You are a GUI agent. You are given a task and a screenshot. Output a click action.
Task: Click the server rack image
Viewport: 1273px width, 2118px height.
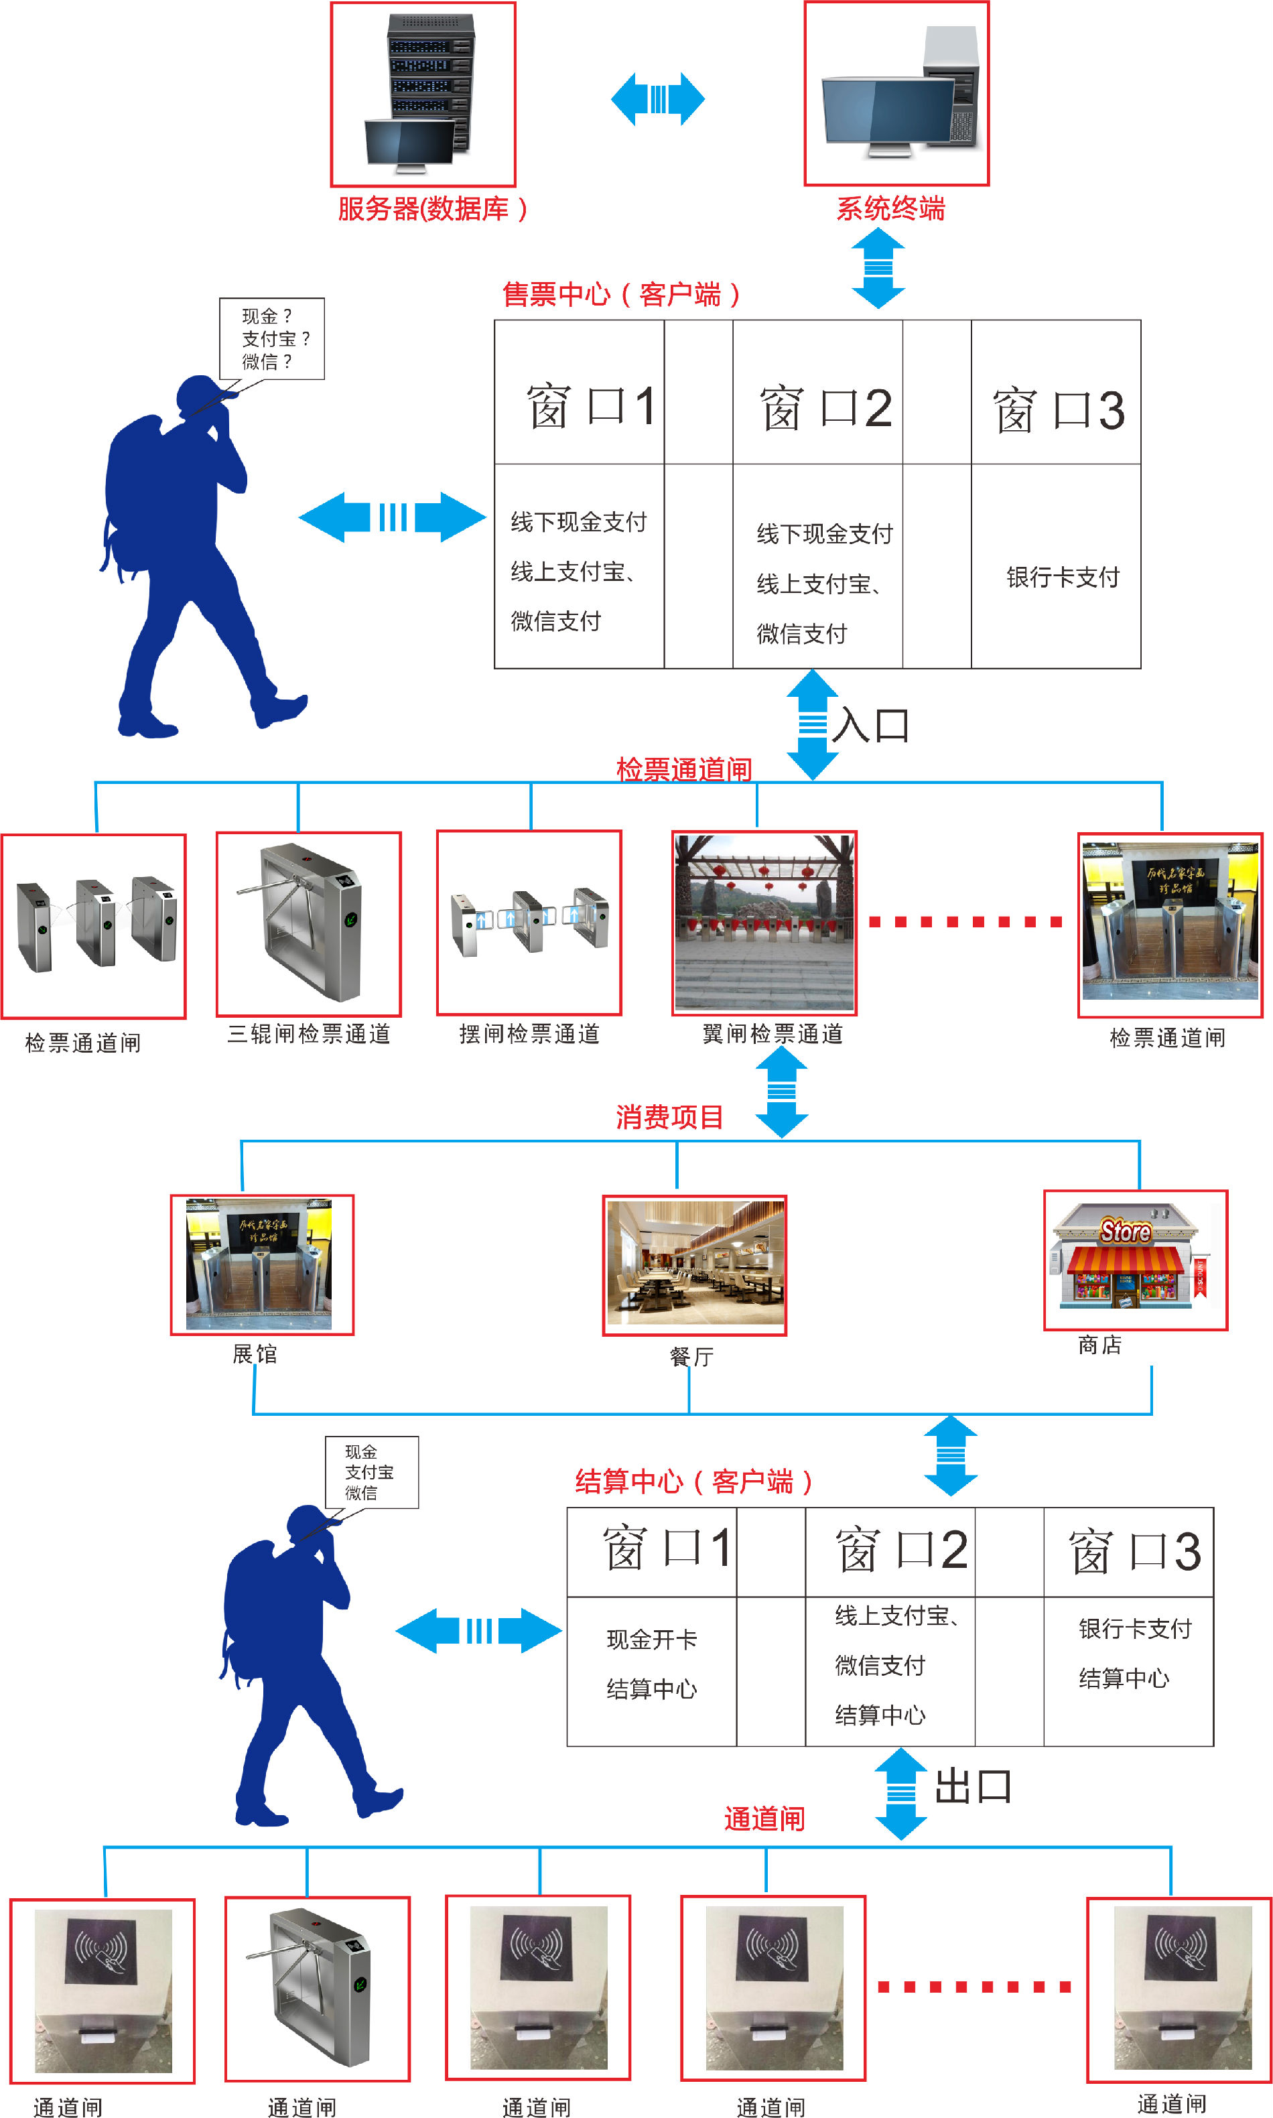[x=423, y=94]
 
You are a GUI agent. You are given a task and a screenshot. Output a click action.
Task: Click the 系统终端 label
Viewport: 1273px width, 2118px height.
[x=890, y=208]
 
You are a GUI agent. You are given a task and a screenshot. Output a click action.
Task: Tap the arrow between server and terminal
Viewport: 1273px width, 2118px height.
[x=658, y=98]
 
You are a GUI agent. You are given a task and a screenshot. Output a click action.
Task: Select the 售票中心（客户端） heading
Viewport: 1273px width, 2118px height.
[x=620, y=294]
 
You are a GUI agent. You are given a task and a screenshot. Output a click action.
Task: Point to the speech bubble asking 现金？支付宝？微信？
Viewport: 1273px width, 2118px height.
[x=272, y=339]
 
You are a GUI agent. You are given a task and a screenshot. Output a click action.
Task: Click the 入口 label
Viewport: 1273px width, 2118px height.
[x=871, y=725]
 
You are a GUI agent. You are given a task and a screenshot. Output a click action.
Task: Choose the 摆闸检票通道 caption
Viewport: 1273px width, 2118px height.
[x=529, y=1034]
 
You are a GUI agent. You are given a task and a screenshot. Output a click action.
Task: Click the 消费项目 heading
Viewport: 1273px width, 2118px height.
[x=669, y=1117]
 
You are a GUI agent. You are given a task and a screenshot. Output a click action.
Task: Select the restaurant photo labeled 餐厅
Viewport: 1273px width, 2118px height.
[x=695, y=1264]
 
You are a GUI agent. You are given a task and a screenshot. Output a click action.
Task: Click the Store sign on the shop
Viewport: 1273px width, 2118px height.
[x=1126, y=1232]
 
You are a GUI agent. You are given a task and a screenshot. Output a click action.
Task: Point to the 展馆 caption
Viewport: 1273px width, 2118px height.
[x=255, y=1353]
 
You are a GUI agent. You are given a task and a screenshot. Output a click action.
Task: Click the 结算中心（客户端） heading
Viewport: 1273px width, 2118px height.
[x=693, y=1481]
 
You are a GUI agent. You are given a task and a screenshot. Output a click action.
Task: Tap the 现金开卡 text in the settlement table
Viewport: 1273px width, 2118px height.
[x=652, y=1640]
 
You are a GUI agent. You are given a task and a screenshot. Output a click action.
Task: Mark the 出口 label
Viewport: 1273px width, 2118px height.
[x=973, y=1787]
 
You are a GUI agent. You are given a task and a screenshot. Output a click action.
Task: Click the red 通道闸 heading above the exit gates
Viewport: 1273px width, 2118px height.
[x=764, y=1818]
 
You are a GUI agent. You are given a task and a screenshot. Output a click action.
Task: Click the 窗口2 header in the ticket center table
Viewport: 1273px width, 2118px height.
[x=825, y=408]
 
